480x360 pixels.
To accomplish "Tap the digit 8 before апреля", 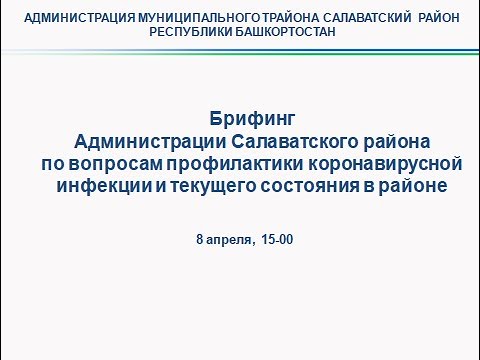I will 200,240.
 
